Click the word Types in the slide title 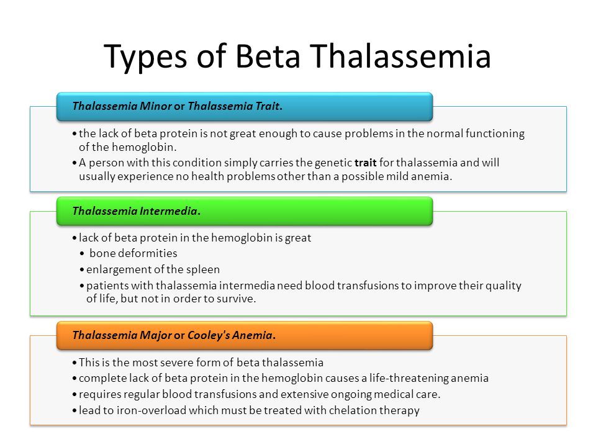[x=145, y=57]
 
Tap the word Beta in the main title [x=268, y=56]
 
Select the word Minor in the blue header [x=156, y=106]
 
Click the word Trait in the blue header [x=268, y=106]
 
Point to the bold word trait [x=365, y=163]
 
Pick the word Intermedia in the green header [x=169, y=210]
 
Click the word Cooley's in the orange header [x=209, y=335]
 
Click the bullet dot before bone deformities [x=82, y=253]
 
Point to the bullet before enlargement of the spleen [x=82, y=270]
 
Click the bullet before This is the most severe [x=74, y=363]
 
